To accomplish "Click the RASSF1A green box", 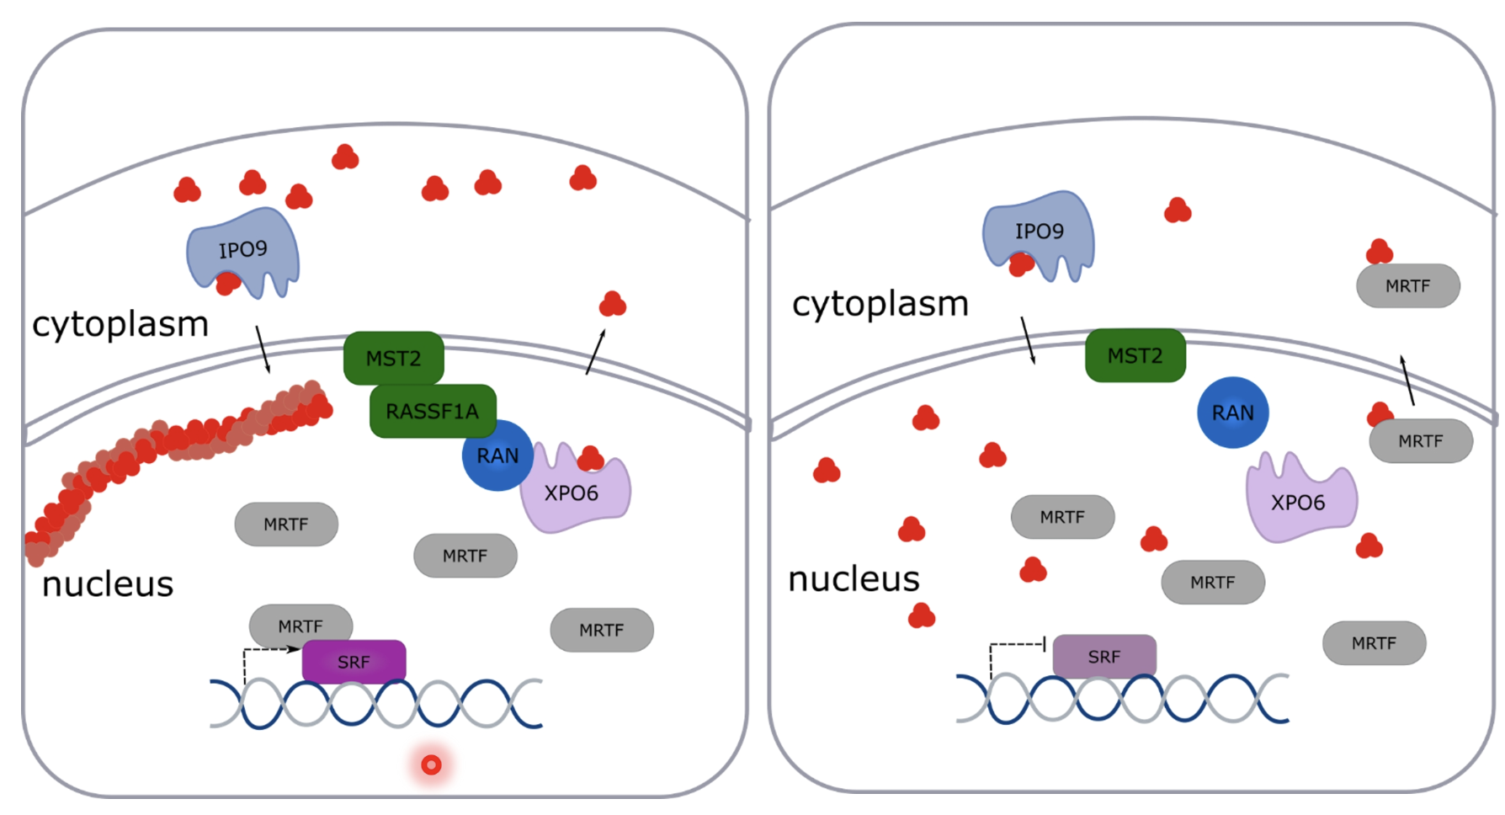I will pos(432,411).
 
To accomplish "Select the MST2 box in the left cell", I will pos(393,358).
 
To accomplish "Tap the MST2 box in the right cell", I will pos(1135,355).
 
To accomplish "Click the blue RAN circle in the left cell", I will pos(497,456).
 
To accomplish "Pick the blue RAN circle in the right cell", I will pos(1232,413).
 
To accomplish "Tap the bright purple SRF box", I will pos(354,662).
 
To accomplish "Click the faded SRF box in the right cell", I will pos(1103,656).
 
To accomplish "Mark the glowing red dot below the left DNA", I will pos(431,764).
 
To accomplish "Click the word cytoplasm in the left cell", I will pos(120,324).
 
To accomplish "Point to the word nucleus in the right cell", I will pos(854,579).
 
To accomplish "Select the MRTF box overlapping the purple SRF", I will pos(300,624).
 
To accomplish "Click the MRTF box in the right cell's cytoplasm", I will pos(1407,286).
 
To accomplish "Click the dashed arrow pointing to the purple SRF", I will pos(268,649).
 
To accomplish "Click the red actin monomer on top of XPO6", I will pos(590,459).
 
